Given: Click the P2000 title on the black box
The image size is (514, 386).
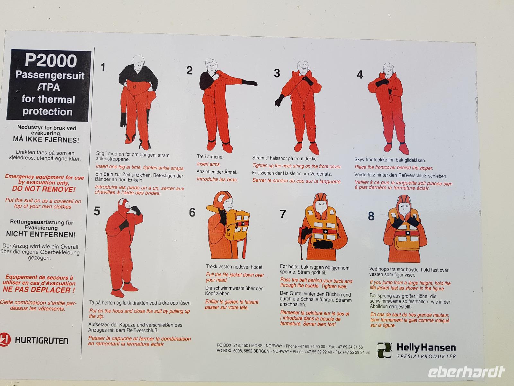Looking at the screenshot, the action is [x=51, y=60].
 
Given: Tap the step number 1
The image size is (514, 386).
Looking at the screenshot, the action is [x=102, y=67].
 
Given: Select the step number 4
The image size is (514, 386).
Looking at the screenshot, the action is [x=360, y=75].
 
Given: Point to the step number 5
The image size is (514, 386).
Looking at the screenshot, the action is [x=97, y=211].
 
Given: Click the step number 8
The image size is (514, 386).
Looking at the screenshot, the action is [x=371, y=216].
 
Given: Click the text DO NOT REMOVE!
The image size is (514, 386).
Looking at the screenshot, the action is [x=44, y=189].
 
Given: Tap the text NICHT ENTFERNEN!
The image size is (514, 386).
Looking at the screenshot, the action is [x=41, y=234].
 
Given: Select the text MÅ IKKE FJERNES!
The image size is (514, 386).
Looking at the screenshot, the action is [x=46, y=140].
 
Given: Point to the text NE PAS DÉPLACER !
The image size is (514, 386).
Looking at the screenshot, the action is [x=39, y=290].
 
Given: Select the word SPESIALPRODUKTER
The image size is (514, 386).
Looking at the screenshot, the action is [x=426, y=356].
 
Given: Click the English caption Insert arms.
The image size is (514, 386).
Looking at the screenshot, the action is [x=208, y=164].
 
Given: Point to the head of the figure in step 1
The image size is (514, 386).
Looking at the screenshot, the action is [x=138, y=62].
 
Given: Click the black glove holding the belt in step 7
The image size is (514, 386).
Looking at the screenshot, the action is [x=323, y=244].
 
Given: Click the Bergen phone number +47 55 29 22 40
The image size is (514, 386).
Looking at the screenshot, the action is [x=319, y=352].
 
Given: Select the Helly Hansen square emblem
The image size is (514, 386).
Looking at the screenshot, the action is [x=384, y=350].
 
